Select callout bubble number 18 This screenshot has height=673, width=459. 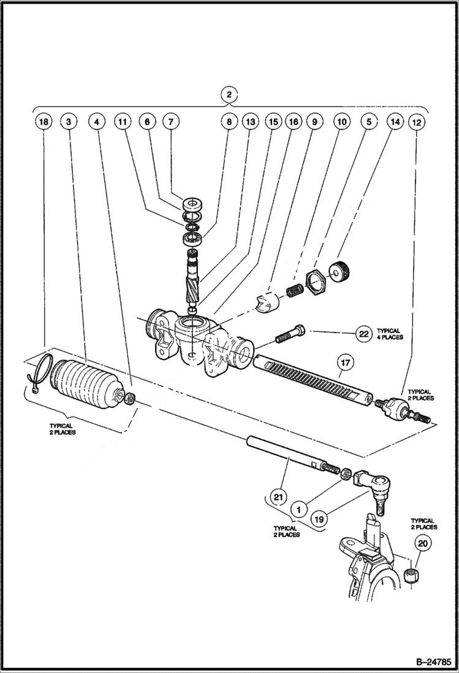43,122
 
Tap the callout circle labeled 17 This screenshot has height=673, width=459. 346,363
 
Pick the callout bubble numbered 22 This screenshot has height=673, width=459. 363,334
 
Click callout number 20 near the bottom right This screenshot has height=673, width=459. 423,543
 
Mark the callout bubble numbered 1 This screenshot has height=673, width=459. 299,509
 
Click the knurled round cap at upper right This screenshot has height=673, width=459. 338,271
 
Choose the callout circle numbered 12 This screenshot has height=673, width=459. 416,122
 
